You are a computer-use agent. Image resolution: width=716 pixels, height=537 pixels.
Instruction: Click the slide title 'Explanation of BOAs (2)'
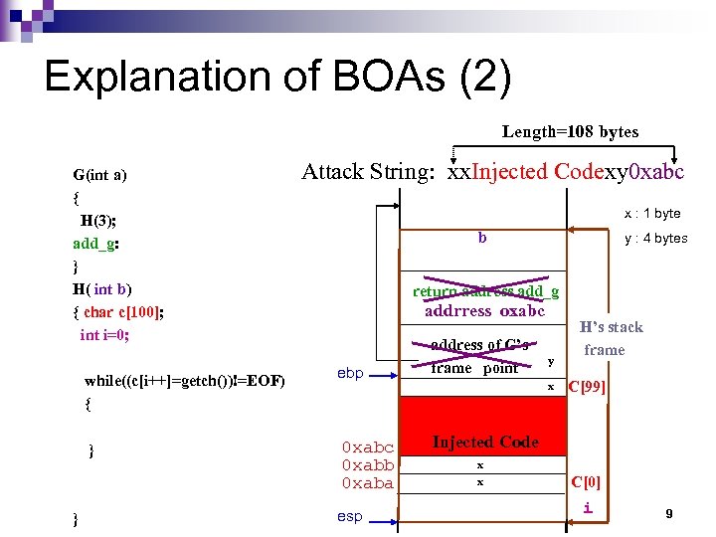click(277, 77)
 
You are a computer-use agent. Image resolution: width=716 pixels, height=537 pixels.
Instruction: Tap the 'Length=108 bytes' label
click(570, 131)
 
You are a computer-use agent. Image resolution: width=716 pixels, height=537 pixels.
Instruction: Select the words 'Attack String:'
click(367, 172)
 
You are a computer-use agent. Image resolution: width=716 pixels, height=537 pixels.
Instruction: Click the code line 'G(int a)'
click(99, 175)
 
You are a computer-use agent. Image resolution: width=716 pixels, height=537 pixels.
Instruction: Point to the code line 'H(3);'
click(99, 220)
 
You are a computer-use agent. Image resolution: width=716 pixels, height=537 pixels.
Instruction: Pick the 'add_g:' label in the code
click(96, 243)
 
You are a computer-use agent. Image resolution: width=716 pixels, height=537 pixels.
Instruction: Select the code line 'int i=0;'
click(104, 334)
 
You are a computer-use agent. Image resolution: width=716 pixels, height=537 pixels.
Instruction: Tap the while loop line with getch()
click(185, 380)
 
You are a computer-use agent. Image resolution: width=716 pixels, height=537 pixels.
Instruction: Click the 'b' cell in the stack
click(482, 238)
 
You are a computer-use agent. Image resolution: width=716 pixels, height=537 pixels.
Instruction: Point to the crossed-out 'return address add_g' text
click(485, 291)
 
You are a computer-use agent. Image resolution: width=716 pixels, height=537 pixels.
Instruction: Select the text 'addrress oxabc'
click(485, 310)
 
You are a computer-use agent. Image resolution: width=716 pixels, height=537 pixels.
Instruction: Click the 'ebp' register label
click(350, 373)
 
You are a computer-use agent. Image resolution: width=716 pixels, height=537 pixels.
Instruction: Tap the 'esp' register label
click(350, 516)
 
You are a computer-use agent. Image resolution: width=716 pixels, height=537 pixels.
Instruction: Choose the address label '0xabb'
click(368, 465)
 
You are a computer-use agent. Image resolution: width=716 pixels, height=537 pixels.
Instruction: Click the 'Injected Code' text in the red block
click(485, 442)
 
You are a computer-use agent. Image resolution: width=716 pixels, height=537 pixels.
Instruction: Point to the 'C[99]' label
click(586, 386)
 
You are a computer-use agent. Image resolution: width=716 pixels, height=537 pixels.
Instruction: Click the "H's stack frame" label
click(611, 338)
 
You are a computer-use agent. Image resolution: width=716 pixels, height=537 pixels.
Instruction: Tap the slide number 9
click(669, 513)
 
